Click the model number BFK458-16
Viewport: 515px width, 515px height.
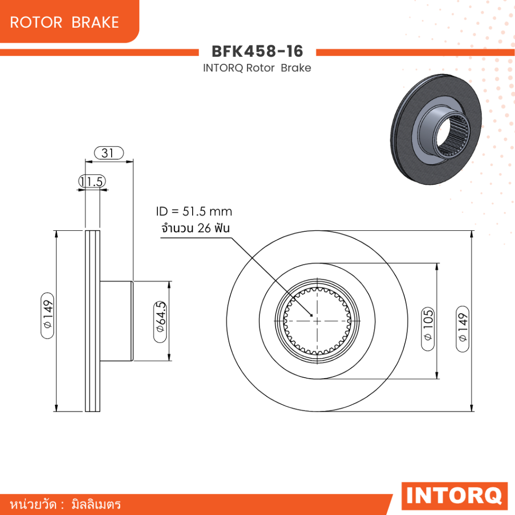tap(257, 51)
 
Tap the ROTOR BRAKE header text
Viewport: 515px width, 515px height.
tap(64, 22)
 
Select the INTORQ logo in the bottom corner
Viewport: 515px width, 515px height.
tap(454, 495)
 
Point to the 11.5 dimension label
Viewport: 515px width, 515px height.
tap(93, 181)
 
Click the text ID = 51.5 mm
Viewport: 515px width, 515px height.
tap(194, 212)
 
